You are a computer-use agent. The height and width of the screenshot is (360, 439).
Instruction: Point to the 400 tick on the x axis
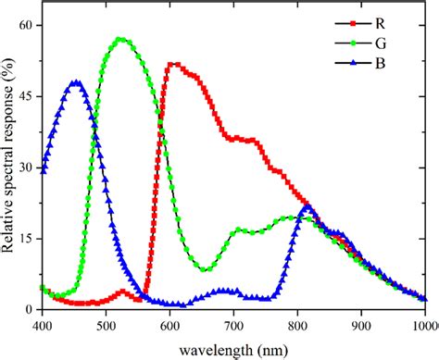point(42,326)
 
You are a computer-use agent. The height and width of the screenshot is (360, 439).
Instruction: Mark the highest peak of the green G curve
point(120,39)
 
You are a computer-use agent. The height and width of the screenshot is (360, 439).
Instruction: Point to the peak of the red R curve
point(173,64)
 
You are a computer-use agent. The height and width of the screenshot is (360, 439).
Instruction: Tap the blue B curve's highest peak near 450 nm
point(76,82)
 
